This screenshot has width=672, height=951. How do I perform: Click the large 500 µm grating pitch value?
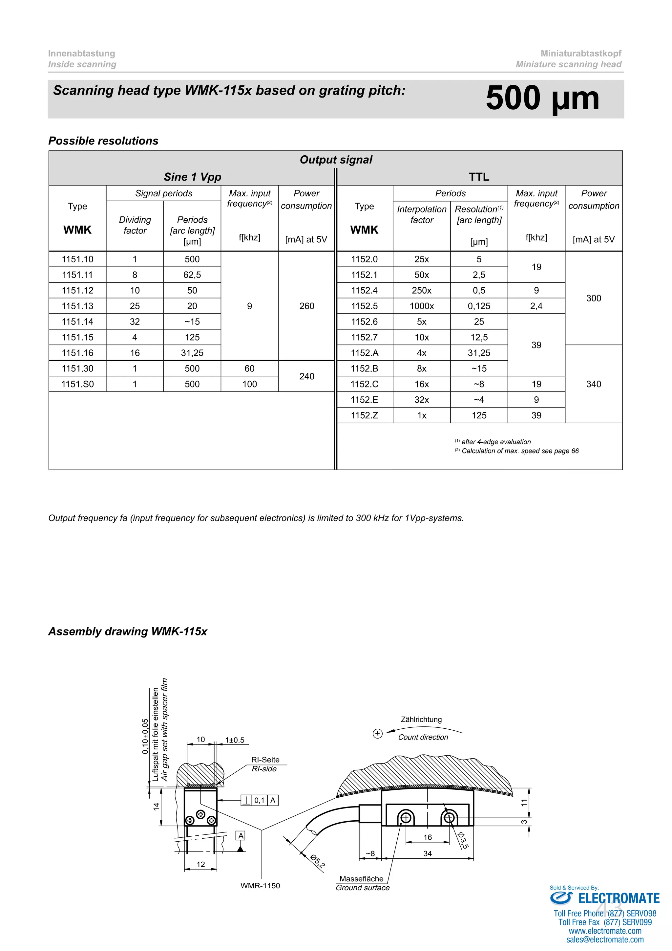pyautogui.click(x=542, y=99)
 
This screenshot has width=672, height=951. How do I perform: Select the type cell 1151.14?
pyautogui.click(x=77, y=321)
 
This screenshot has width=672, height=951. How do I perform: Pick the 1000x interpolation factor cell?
pyautogui.click(x=421, y=306)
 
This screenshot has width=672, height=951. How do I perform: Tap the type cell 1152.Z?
pyautogui.click(x=364, y=415)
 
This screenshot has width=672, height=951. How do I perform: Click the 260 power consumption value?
pyautogui.click(x=306, y=306)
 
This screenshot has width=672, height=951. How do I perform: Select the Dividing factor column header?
pyautogui.click(x=135, y=225)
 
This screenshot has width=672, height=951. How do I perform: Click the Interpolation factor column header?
pyautogui.click(x=421, y=214)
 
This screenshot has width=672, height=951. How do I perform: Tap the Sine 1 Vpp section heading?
pyautogui.click(x=192, y=177)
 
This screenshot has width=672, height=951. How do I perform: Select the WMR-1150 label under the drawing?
pyautogui.click(x=260, y=886)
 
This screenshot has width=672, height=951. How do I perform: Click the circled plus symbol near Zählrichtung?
pyautogui.click(x=377, y=734)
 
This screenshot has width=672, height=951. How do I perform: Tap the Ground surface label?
pyautogui.click(x=363, y=888)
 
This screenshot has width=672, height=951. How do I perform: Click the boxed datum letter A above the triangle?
pyautogui.click(x=241, y=835)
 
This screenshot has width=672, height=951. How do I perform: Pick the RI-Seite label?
pyautogui.click(x=265, y=760)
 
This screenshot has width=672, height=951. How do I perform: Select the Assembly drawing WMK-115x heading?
pyautogui.click(x=127, y=631)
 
